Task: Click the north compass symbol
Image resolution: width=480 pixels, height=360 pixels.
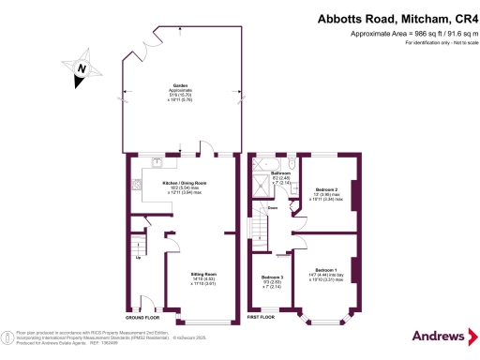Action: (x=82, y=68)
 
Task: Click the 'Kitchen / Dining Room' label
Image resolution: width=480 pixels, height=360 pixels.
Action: (x=184, y=183)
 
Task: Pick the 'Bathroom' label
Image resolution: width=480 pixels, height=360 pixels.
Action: (x=281, y=173)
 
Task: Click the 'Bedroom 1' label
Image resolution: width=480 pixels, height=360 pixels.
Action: (x=326, y=269)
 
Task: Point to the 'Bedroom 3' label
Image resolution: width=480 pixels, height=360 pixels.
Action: (x=272, y=277)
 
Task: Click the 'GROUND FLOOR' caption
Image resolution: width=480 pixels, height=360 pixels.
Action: (x=142, y=318)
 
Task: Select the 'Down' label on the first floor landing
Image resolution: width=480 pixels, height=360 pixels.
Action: (x=272, y=207)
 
